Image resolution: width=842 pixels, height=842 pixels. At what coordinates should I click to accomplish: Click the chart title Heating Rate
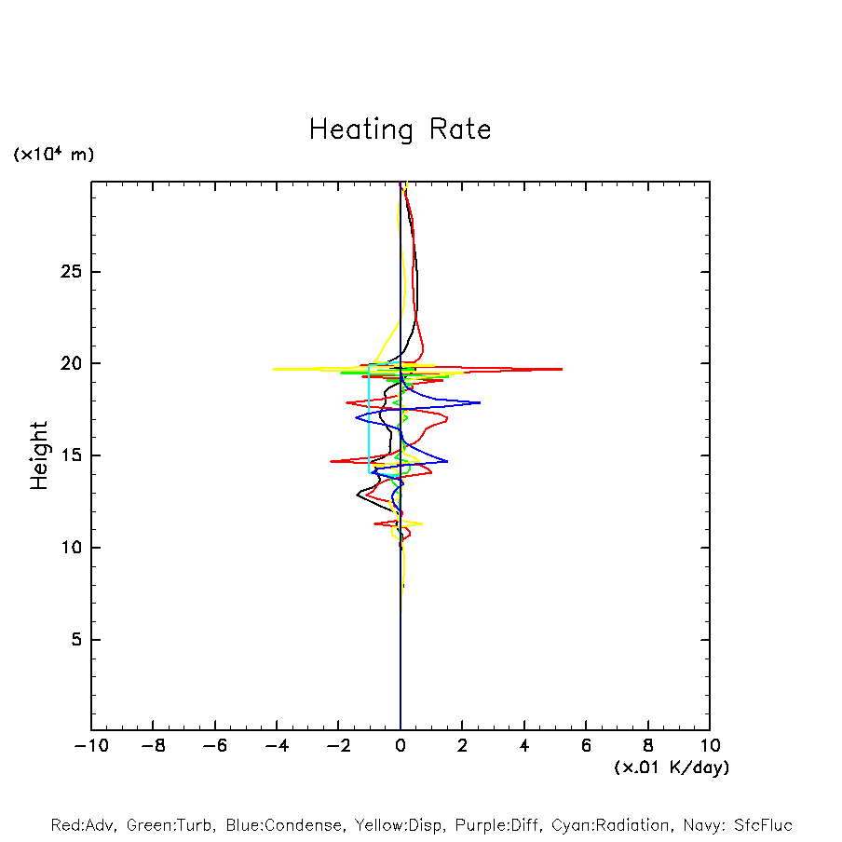400,129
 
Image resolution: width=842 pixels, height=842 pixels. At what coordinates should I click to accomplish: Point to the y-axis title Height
38,455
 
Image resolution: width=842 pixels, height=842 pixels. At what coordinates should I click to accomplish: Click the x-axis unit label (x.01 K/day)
671,767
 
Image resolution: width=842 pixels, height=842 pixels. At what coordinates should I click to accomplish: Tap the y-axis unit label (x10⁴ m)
53,155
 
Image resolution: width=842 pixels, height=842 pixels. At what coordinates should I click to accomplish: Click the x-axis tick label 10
710,746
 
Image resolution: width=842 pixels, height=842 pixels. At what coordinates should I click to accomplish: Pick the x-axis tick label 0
401,746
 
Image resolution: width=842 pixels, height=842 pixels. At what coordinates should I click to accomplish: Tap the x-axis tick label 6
586,746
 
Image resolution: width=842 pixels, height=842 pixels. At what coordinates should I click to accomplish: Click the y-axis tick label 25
72,272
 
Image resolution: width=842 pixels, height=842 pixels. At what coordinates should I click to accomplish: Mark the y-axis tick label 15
72,455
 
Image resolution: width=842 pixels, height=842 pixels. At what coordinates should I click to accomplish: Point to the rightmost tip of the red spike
562,370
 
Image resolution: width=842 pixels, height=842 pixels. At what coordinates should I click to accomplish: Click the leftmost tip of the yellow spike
272,370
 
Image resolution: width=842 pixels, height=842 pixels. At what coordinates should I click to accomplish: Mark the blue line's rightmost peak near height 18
480,402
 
